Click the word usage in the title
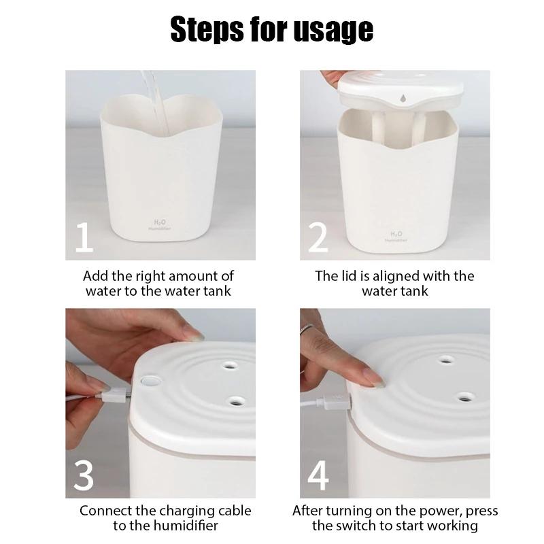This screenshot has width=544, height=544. (x=335, y=31)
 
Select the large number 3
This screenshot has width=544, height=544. (x=84, y=476)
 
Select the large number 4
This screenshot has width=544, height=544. (x=318, y=476)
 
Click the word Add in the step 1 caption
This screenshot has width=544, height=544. (x=95, y=276)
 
